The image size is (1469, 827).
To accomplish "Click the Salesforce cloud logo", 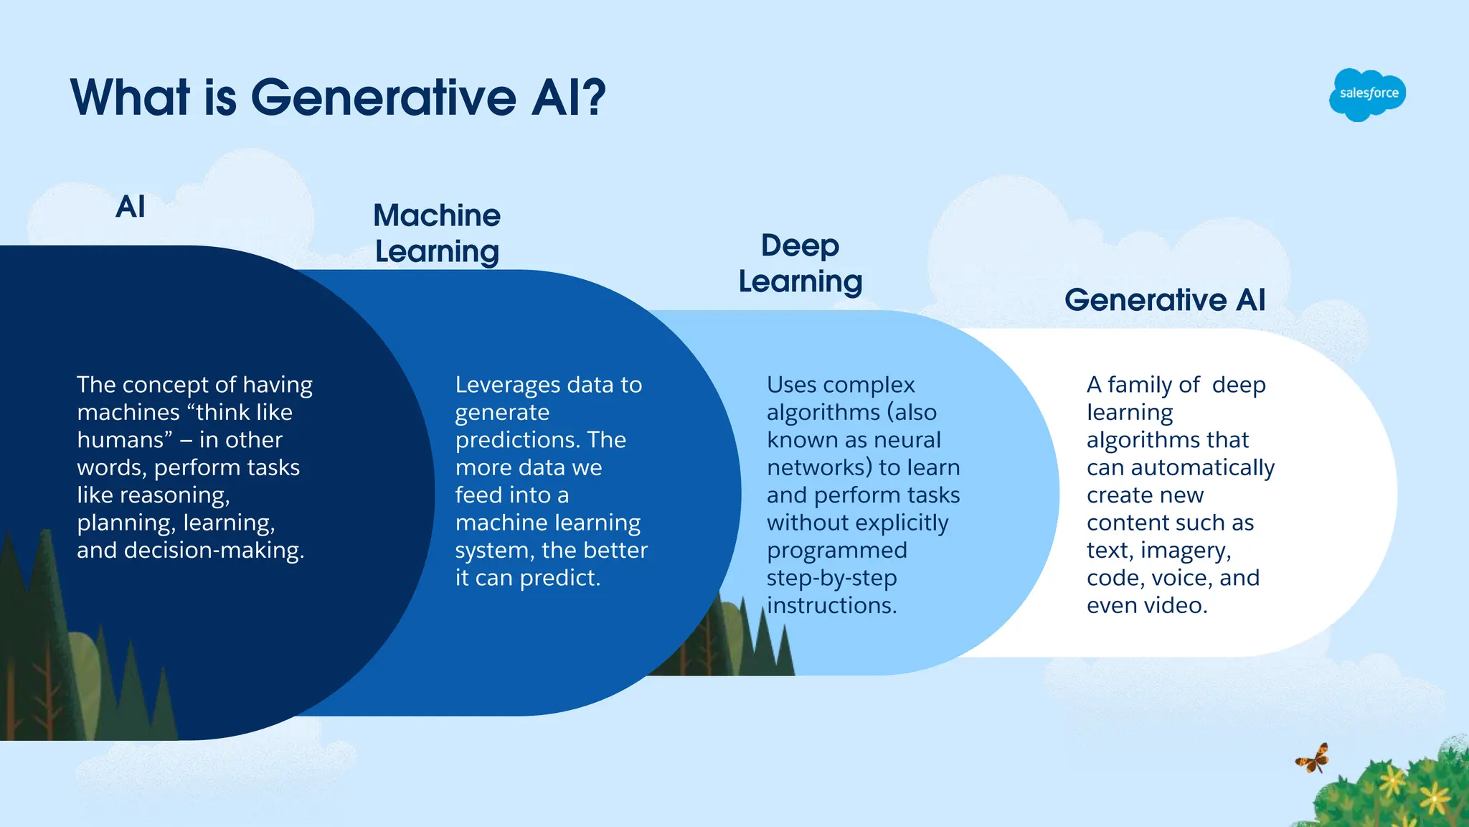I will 1367,94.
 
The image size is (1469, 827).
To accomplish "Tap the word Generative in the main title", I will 383,97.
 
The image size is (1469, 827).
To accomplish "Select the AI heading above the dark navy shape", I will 131,207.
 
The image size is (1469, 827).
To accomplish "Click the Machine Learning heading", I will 437,233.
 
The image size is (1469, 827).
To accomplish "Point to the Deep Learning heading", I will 800,263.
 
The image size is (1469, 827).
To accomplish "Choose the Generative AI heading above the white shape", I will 1165,299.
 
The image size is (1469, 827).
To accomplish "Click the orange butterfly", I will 1313,759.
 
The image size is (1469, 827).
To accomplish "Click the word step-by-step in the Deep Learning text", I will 831,578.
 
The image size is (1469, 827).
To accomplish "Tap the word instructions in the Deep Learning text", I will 831,605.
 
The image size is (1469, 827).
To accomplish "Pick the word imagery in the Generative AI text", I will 1185,551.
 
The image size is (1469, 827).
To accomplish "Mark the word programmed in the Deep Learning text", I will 836,551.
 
